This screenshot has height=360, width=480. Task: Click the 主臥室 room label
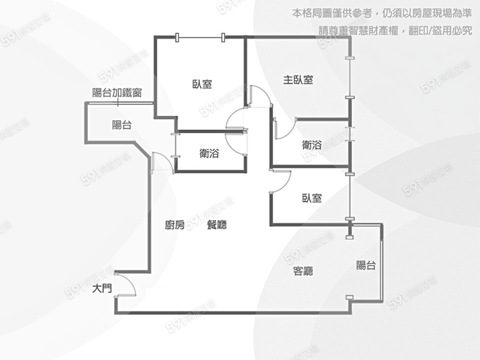[298, 80]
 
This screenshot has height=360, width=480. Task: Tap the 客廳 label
[303, 271]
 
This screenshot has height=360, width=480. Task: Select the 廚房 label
[175, 225]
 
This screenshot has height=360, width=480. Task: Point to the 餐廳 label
[217, 225]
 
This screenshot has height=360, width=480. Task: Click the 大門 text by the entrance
[102, 288]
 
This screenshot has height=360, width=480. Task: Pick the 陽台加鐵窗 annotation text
[117, 92]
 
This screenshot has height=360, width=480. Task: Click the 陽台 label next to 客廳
[366, 265]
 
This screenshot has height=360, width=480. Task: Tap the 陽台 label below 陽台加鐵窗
[122, 125]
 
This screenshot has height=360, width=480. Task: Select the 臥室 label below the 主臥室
[312, 198]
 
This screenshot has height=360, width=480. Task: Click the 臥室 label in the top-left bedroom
[202, 84]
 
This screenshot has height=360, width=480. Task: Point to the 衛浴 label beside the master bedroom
[312, 145]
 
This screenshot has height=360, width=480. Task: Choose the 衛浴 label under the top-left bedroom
[210, 153]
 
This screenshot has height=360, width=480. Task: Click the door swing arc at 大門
[126, 284]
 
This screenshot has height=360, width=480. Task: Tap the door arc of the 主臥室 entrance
[261, 96]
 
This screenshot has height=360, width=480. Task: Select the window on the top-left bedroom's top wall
[201, 37]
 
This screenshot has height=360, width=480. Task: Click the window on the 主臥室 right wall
[350, 78]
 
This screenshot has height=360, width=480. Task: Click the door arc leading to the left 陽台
[163, 161]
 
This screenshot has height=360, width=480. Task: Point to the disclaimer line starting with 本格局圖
[382, 13]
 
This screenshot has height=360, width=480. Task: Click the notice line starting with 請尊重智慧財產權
[395, 30]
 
